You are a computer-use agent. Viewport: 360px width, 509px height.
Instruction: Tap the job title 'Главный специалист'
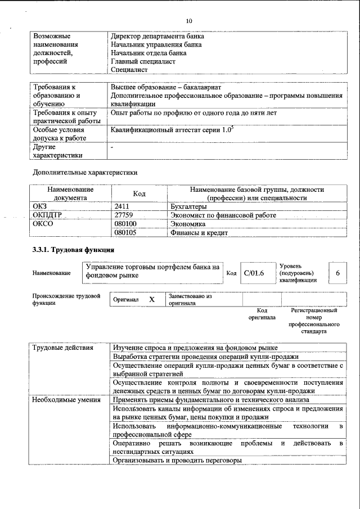143,61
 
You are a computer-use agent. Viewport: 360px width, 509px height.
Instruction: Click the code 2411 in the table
123,207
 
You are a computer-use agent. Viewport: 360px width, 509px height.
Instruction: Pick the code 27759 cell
124,215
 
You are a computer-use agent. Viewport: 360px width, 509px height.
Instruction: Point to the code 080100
125,224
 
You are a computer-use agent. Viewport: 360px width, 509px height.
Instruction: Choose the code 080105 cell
125,232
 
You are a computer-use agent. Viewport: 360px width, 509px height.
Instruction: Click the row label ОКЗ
42,207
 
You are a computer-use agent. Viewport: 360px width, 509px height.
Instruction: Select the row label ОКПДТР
47,215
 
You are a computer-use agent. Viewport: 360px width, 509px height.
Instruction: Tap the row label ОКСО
43,224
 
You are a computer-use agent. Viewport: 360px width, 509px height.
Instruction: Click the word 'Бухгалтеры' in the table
188,207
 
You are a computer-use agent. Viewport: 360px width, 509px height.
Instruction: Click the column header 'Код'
139,194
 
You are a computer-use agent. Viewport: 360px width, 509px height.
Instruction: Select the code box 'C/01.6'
254,273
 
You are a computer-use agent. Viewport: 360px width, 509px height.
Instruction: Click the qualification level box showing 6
337,273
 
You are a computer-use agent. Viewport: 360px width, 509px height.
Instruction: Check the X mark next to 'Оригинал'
151,300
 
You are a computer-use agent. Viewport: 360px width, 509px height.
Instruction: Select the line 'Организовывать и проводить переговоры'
177,461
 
